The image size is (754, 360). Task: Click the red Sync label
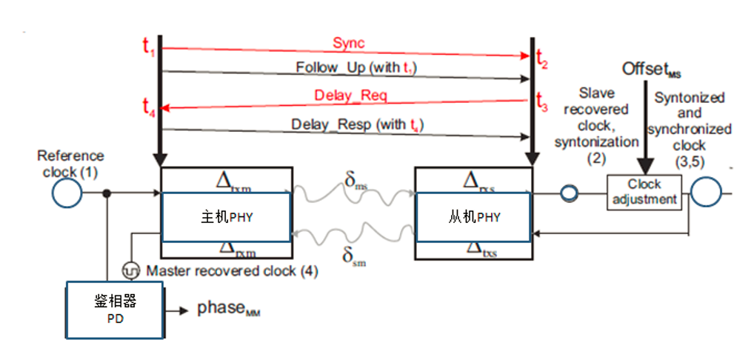[x=349, y=44]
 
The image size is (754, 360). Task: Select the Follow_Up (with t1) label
[x=359, y=67]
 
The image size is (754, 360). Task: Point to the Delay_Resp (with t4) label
[x=357, y=124]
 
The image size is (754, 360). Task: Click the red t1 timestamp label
[x=149, y=46]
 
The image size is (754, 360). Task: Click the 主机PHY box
[x=225, y=217]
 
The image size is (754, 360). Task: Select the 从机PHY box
[x=474, y=217]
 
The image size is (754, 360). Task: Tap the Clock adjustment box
[x=644, y=192]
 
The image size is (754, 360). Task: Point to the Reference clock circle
[x=67, y=195]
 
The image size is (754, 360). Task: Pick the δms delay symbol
[x=356, y=181]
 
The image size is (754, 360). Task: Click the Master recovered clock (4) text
[x=232, y=271]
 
